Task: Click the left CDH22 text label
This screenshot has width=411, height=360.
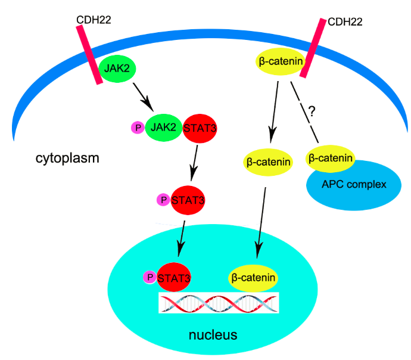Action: click(94, 20)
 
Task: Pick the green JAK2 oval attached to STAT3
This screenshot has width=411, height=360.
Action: click(163, 126)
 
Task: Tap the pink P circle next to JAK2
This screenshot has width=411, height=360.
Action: click(138, 127)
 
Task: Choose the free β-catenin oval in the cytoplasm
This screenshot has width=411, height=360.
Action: click(269, 161)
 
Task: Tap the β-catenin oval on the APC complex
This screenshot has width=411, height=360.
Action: click(330, 159)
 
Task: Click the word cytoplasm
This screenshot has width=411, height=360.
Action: click(67, 159)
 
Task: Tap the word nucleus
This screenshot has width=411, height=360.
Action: click(213, 334)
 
